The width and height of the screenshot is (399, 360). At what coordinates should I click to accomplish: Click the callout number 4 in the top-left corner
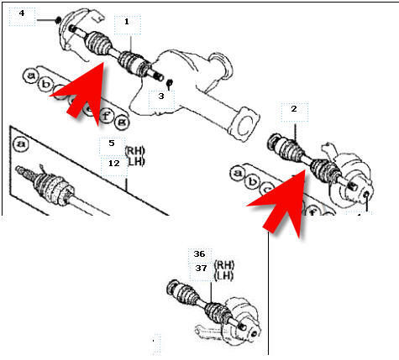click(x=22, y=13)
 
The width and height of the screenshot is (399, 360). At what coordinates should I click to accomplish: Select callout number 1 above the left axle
click(x=127, y=22)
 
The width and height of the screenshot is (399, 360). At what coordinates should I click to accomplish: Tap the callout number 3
click(x=161, y=97)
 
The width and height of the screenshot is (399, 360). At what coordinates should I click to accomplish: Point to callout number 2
click(x=294, y=109)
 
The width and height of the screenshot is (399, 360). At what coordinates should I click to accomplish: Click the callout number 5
click(x=112, y=143)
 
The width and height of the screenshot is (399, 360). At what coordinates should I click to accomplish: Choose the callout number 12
click(x=114, y=164)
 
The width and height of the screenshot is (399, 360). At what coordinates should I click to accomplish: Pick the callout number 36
click(x=199, y=254)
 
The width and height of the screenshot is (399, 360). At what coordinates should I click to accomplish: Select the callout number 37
click(x=201, y=269)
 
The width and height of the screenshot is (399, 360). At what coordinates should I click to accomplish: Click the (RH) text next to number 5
click(x=135, y=151)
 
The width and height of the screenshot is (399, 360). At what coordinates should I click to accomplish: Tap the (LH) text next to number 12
click(x=136, y=162)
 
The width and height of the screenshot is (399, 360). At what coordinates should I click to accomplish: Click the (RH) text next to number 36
click(x=224, y=264)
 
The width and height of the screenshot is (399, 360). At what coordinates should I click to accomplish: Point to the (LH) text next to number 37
click(x=223, y=276)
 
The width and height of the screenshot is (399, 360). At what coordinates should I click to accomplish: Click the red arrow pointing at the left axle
click(x=81, y=92)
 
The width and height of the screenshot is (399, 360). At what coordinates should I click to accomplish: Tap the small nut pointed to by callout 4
click(x=58, y=20)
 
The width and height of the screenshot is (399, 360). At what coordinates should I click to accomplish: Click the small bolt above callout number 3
click(x=170, y=83)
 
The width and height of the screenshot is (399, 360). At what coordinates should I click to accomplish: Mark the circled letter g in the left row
click(x=122, y=123)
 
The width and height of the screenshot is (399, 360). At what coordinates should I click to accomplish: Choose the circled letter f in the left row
click(x=106, y=116)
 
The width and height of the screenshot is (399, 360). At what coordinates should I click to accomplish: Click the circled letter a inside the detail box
click(x=21, y=144)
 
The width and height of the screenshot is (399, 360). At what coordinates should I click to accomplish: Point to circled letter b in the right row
click(x=253, y=182)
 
